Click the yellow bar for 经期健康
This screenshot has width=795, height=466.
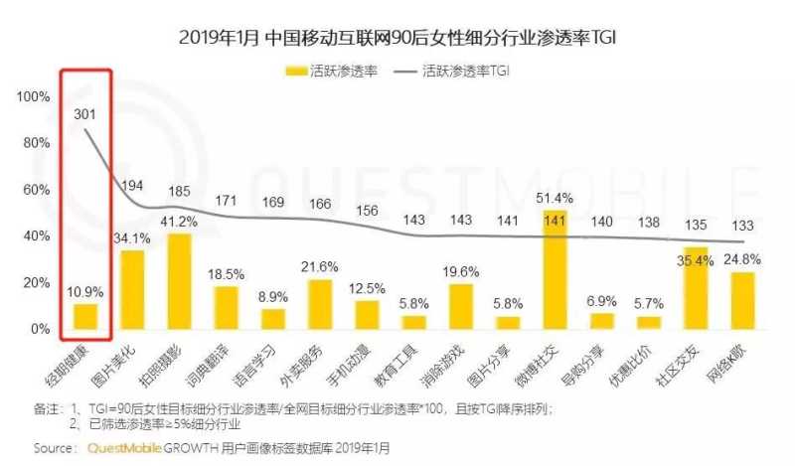point(86,316)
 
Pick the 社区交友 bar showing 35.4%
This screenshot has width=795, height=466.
point(696,288)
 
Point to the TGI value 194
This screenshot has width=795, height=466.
point(131,186)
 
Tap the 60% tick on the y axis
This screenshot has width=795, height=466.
point(36,190)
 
